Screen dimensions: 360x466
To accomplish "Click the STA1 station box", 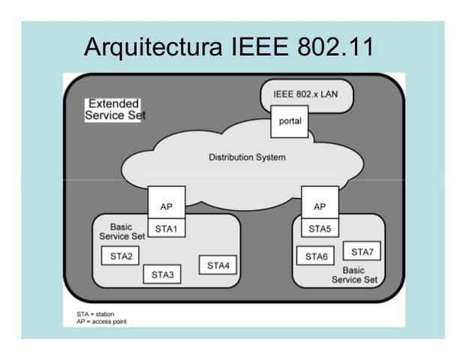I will click(166, 228).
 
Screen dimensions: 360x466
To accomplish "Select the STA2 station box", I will click(121, 256).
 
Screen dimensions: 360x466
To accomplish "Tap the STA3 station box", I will click(162, 274).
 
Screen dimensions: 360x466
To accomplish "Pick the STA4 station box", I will click(218, 265).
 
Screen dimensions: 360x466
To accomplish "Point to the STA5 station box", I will click(320, 228).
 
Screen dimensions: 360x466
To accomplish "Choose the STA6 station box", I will click(316, 256).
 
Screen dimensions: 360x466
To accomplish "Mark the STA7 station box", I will click(362, 251).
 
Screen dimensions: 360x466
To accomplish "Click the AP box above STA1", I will click(166, 204).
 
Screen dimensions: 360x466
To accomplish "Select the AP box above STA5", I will click(320, 204).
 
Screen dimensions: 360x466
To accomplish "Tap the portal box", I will click(290, 122).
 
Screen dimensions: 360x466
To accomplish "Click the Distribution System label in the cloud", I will click(247, 157).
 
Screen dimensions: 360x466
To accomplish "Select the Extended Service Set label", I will click(115, 109).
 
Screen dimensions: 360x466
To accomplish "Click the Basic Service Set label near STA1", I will click(121, 231).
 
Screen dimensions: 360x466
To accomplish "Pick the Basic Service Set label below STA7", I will click(355, 274).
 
